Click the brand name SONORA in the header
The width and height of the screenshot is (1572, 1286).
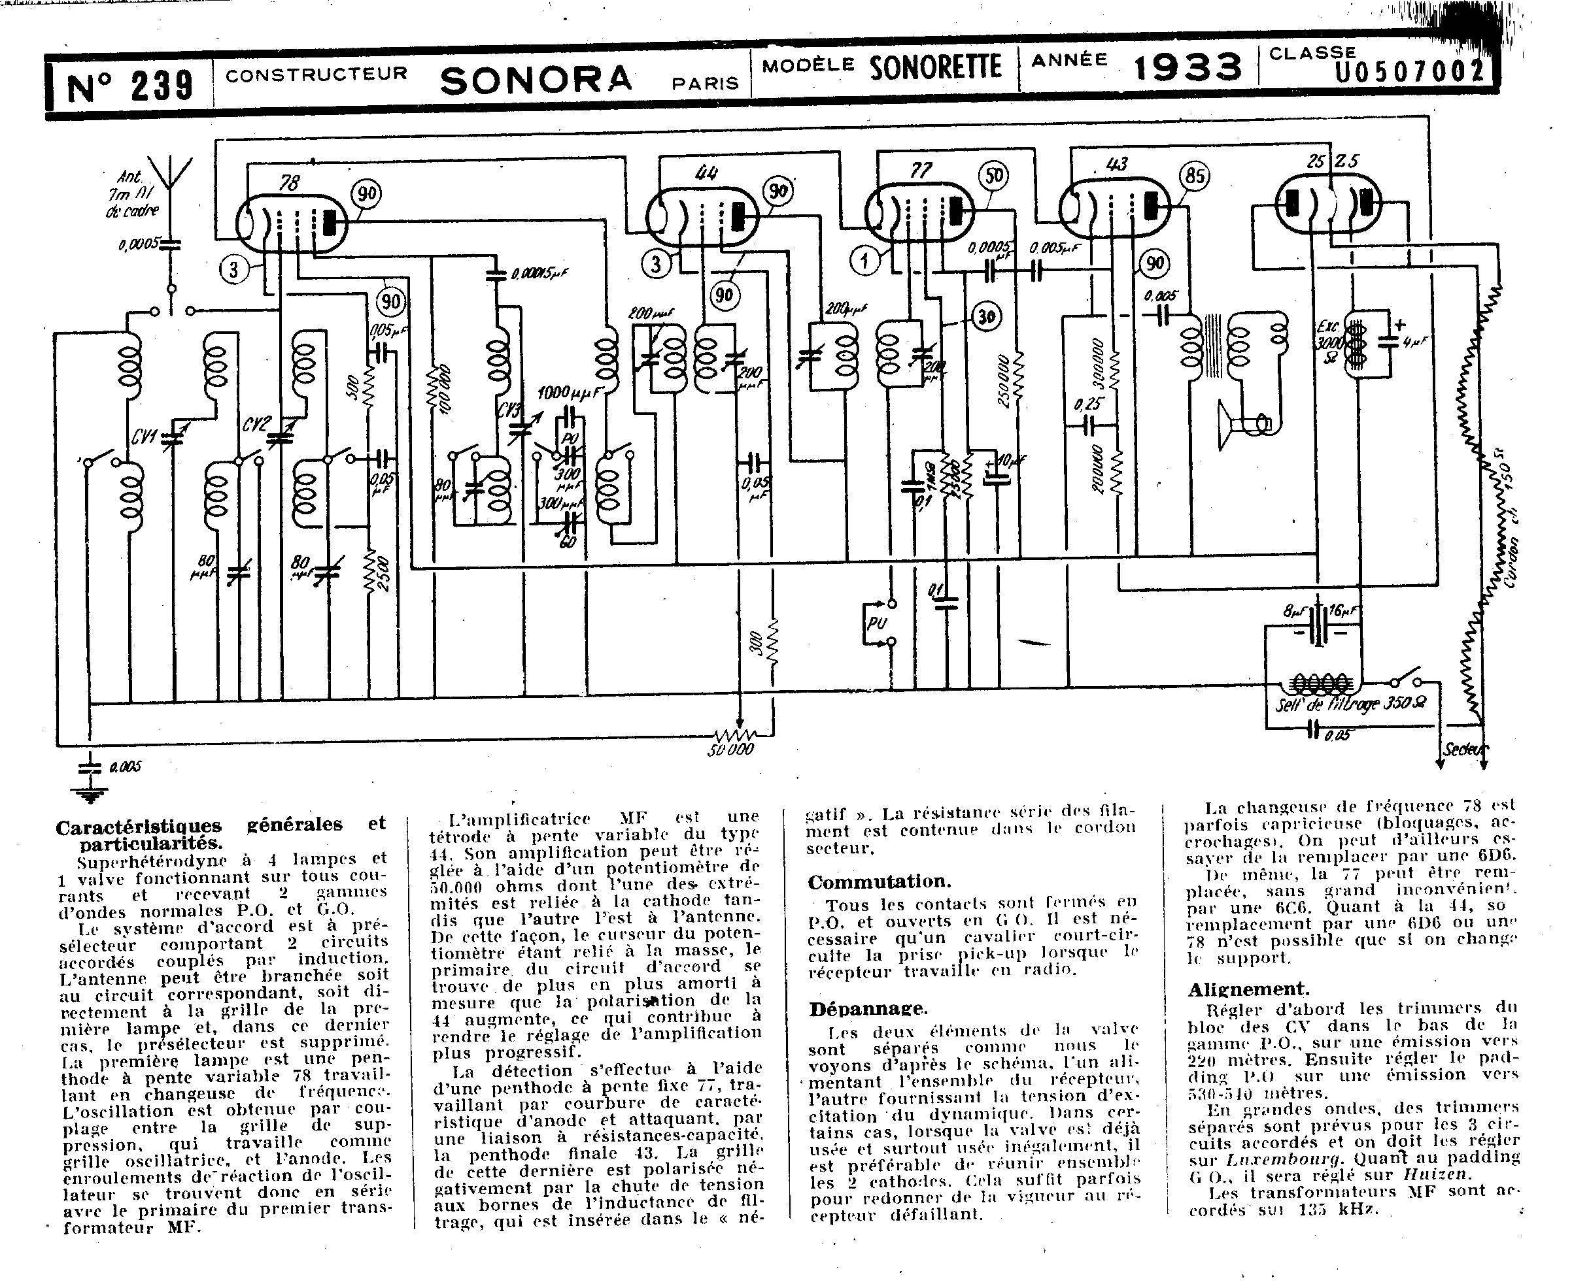[536, 80]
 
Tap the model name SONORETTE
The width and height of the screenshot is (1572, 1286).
[935, 67]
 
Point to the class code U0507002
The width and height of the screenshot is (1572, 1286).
[1410, 72]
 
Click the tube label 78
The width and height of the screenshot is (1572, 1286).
[289, 182]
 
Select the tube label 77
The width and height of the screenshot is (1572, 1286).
[920, 171]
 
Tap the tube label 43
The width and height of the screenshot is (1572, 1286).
[1116, 164]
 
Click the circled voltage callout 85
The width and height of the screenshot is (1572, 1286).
[1195, 176]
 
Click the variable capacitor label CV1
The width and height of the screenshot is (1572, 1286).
[144, 437]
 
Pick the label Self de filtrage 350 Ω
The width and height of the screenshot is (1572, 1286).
[1348, 704]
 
